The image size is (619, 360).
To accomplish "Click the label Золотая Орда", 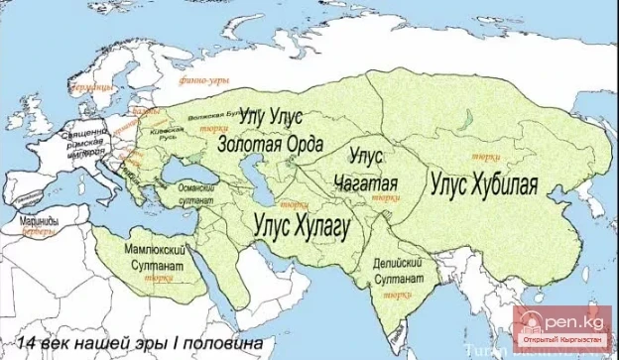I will pos(270,145).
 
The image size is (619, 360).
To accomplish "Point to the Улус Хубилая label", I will pos(483,183).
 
